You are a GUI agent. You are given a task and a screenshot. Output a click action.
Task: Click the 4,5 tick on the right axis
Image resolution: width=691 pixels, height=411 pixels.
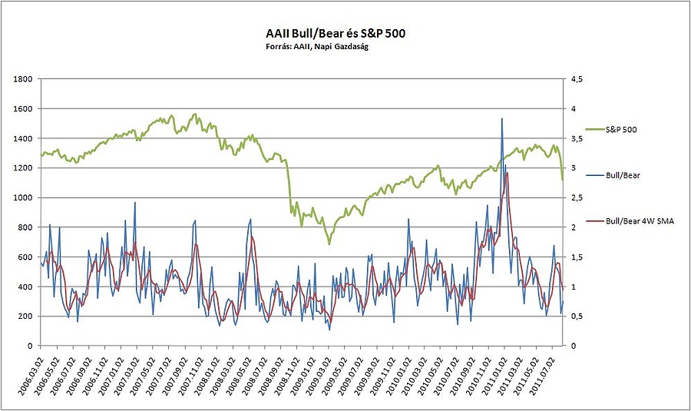tap(574, 79)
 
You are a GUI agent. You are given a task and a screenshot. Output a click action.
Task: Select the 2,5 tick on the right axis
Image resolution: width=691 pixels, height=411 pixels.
tap(574, 197)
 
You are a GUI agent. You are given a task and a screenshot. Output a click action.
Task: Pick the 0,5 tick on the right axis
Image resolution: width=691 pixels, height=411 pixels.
tap(574, 317)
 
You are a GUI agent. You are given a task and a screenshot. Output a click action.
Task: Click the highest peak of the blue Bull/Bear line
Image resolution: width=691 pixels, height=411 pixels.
tap(502, 119)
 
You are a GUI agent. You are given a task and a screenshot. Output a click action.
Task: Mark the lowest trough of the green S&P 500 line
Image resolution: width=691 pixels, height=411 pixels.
tap(329, 244)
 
